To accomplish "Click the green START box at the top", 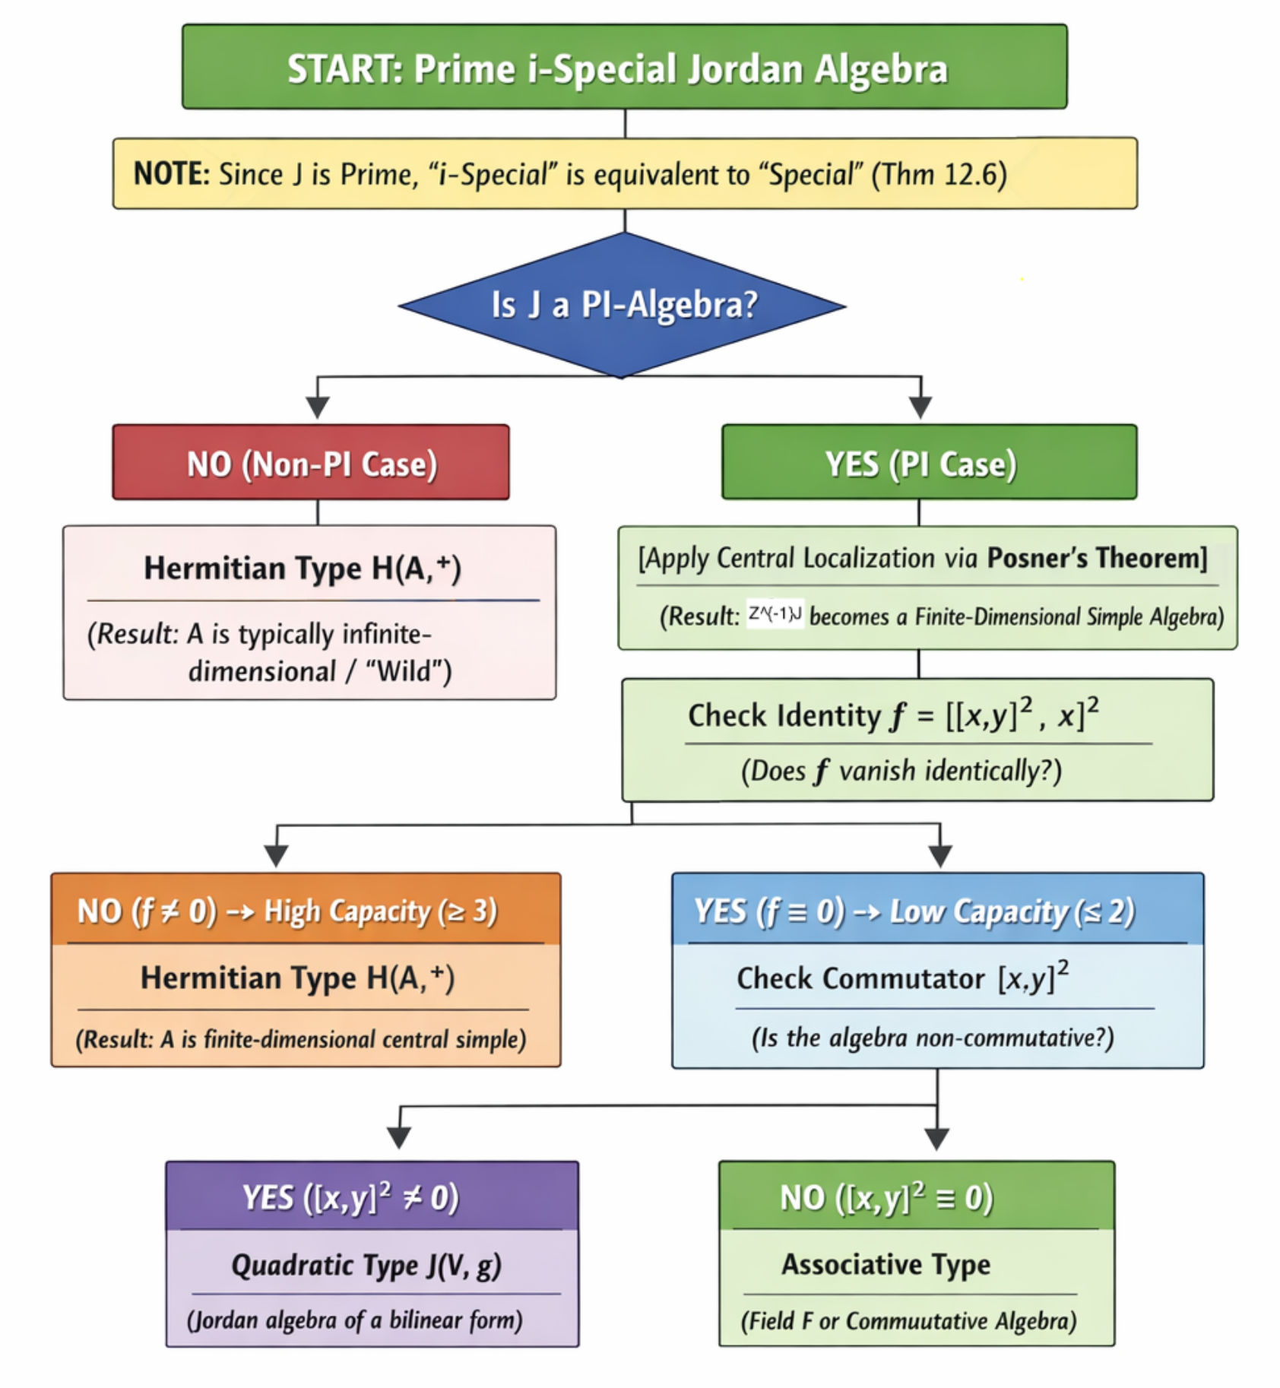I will coord(624,67).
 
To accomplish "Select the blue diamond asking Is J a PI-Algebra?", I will coord(623,305).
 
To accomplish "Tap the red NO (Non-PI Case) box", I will coord(311,463).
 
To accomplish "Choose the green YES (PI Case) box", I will coord(929,463).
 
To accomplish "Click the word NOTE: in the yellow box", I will coord(171,174).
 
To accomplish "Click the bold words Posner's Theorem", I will coord(1096,558).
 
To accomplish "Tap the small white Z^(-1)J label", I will coord(775,613).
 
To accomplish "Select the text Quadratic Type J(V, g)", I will coord(366,1266).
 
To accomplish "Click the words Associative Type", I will coord(886,1265).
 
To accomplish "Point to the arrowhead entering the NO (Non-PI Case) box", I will coord(318,407).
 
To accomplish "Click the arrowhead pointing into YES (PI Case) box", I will coord(920,407).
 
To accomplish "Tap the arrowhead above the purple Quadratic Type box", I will coord(399,1138).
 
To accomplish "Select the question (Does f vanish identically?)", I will coord(901,771).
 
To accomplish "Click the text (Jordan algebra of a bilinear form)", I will coord(355,1320).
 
